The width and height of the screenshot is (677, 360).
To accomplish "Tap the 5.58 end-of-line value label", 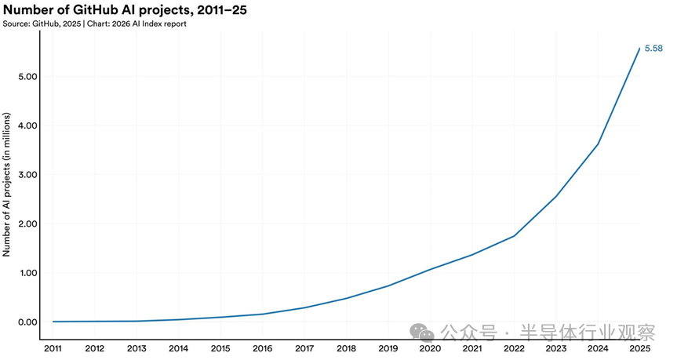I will pyautogui.click(x=653, y=49).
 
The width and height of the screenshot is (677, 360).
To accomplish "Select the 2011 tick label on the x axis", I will pyautogui.click(x=53, y=348).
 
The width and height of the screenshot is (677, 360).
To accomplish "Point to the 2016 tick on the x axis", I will pyautogui.click(x=262, y=348).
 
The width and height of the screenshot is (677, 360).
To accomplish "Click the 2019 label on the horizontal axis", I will pyautogui.click(x=388, y=348).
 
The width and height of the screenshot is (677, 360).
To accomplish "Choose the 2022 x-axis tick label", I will pyautogui.click(x=514, y=348).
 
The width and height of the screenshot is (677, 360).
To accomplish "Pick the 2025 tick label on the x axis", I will pyautogui.click(x=639, y=348).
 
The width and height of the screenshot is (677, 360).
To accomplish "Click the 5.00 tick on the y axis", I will pyautogui.click(x=27, y=77).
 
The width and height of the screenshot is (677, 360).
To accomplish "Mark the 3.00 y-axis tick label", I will pyautogui.click(x=27, y=175).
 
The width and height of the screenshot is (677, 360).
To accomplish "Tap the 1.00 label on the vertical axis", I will pyautogui.click(x=27, y=273).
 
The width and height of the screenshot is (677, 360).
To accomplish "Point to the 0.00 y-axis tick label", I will pyautogui.click(x=27, y=322).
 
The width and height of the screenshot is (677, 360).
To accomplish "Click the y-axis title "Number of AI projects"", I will pyautogui.click(x=7, y=184).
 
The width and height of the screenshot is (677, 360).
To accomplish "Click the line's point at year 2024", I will pyautogui.click(x=598, y=144).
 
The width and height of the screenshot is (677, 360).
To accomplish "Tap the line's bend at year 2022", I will pyautogui.click(x=514, y=236).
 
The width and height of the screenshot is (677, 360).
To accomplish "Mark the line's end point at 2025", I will pyautogui.click(x=639, y=49).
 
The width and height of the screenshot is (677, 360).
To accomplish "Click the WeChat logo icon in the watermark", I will pyautogui.click(x=424, y=332).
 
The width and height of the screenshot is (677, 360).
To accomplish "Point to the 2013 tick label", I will pyautogui.click(x=136, y=348).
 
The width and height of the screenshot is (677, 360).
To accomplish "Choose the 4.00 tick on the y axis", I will pyautogui.click(x=27, y=125).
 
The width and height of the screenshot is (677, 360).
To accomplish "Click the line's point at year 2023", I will pyautogui.click(x=555, y=196).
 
